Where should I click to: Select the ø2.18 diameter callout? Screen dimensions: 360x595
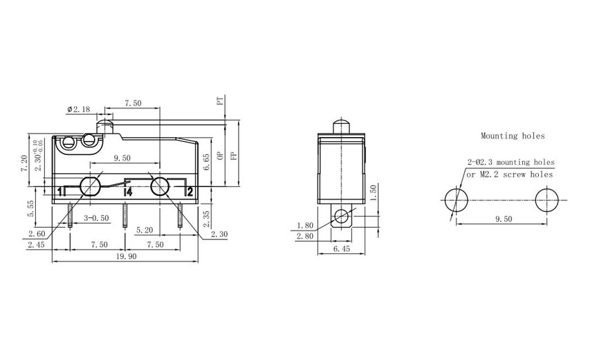pos(79,110)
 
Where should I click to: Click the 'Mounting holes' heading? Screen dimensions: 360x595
pos(513,136)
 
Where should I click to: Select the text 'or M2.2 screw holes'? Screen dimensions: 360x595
pos(510,174)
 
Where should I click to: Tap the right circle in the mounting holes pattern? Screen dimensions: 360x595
pos(547,200)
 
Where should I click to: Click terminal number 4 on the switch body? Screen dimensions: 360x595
pos(127,192)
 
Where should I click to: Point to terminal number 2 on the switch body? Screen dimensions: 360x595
pos(190,192)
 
